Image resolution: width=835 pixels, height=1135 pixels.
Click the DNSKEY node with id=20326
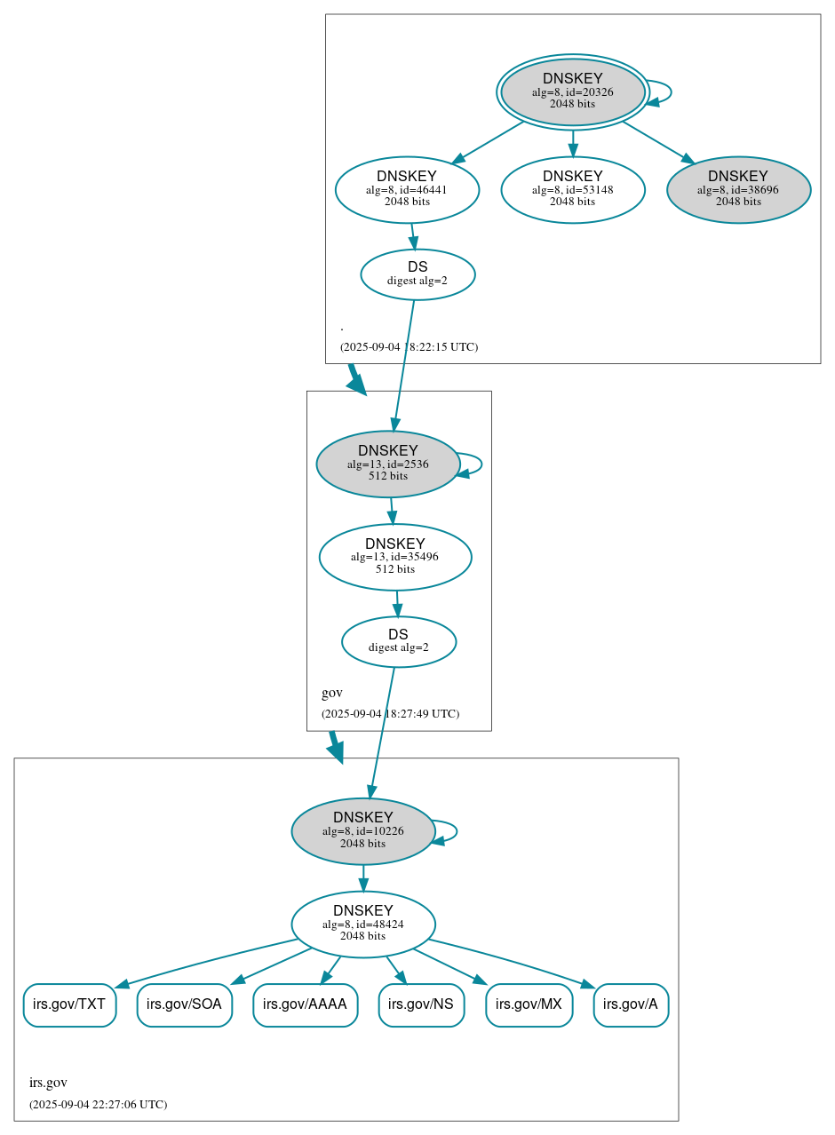click(x=572, y=91)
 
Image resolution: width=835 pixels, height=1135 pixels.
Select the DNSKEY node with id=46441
click(x=407, y=189)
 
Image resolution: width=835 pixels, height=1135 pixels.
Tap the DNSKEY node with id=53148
click(x=572, y=189)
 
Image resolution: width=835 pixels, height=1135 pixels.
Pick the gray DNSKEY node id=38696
click(x=738, y=189)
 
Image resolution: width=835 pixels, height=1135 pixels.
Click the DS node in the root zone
click(x=417, y=274)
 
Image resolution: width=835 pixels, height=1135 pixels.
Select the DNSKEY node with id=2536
click(x=387, y=464)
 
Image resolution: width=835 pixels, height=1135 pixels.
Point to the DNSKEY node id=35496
click(x=394, y=557)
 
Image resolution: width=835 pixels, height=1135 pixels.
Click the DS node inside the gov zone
click(x=398, y=641)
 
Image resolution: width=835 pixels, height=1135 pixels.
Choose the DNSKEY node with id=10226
click(x=362, y=830)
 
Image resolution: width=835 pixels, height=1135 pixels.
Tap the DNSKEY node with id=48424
click(x=362, y=924)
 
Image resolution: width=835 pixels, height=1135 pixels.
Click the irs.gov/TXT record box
click(x=69, y=1004)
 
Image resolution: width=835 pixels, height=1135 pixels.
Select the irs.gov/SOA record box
click(x=184, y=1004)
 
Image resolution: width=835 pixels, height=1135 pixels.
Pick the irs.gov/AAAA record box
click(x=305, y=1004)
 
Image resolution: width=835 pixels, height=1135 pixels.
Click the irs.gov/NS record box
click(x=421, y=1004)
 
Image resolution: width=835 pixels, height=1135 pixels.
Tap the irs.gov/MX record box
click(x=529, y=1004)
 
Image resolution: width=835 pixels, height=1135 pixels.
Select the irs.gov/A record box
click(x=631, y=1004)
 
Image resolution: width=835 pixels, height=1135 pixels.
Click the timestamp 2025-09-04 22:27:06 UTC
click(x=98, y=1104)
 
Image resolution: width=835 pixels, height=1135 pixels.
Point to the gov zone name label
click(x=331, y=693)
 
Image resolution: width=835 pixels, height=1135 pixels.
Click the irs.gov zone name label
click(x=48, y=1083)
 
